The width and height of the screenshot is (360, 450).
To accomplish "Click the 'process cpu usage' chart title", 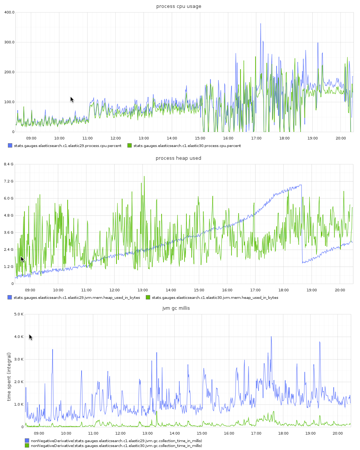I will tap(178, 6).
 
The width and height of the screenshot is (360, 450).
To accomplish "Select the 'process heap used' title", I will tap(178, 158).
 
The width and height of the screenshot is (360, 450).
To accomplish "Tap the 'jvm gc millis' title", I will tap(178, 308).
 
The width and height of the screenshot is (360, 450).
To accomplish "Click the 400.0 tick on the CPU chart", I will tap(9, 12).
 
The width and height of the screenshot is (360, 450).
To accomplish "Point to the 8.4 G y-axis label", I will tap(9, 164).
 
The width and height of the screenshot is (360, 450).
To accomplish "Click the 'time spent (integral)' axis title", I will tap(9, 376).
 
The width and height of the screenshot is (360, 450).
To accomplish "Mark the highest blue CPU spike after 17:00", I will tap(260, 24).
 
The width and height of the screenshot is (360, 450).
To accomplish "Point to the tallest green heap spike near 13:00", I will tap(144, 177).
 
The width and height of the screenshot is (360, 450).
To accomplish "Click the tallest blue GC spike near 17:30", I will tap(271, 337).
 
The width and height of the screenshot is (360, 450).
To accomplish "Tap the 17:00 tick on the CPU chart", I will tap(256, 138).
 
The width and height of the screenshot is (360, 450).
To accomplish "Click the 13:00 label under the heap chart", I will tap(142, 290).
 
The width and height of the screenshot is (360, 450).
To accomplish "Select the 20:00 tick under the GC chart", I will tap(338, 433).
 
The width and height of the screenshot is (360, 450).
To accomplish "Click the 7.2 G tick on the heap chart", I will tap(9, 181).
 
